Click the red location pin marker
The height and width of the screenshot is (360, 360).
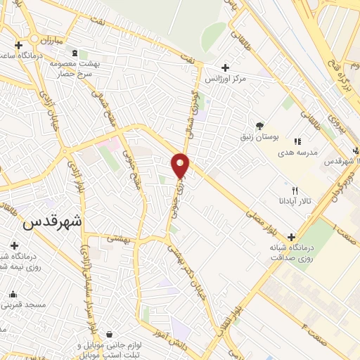click(x=180, y=166)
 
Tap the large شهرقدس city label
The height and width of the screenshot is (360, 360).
click(x=52, y=222)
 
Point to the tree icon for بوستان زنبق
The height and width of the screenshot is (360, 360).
click(x=260, y=125)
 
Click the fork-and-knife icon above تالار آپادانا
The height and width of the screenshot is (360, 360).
click(x=295, y=191)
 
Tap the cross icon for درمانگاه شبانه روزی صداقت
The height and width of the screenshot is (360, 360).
click(x=291, y=237)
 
